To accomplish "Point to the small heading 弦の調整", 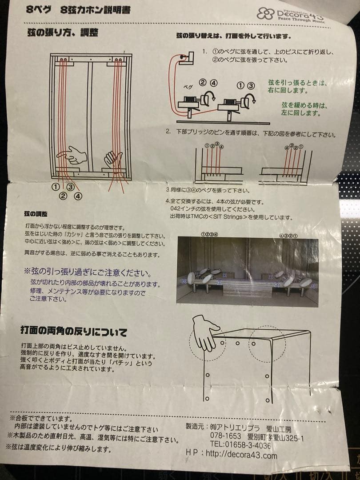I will [x=36, y=214].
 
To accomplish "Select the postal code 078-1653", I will [x=225, y=436].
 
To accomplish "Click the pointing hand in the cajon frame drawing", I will [x=73, y=156].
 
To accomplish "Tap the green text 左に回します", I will [x=301, y=113].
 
